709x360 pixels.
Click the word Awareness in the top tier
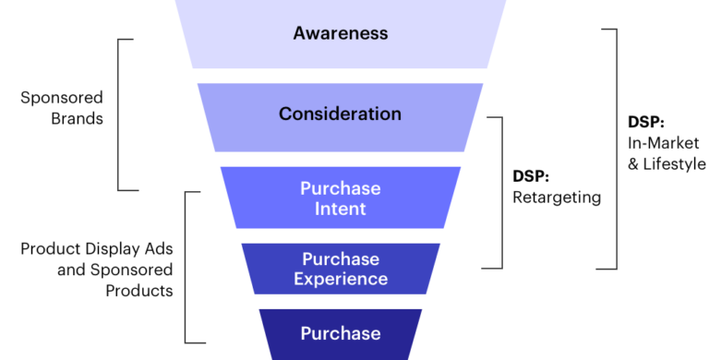(x=340, y=34)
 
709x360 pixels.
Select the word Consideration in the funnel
(x=340, y=114)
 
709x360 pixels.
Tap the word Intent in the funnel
(x=340, y=209)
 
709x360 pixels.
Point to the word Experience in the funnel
(x=340, y=278)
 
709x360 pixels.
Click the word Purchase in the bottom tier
(x=340, y=332)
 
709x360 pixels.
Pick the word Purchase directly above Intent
(x=340, y=188)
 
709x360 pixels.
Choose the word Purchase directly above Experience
(x=340, y=258)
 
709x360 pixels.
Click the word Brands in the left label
(x=79, y=118)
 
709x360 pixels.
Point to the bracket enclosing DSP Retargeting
(x=499, y=191)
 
